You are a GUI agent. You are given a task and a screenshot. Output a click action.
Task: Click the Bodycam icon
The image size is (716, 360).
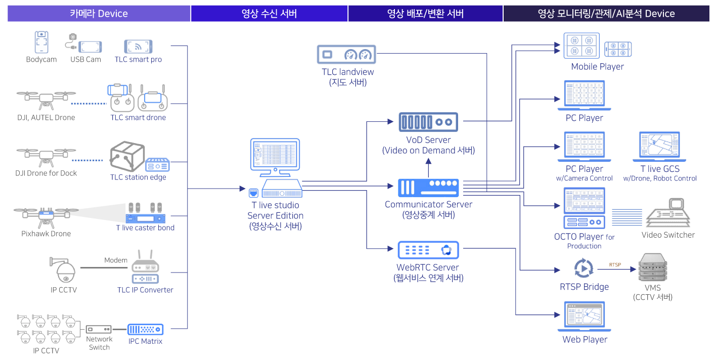[41, 42]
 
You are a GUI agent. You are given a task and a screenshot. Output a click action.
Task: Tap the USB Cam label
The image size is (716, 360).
[85, 59]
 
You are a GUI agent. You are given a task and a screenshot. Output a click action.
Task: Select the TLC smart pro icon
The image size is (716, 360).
[138, 47]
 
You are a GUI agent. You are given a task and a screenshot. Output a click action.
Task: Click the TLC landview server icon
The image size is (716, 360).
[346, 55]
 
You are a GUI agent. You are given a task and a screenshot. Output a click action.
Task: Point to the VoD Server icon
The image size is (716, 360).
[428, 122]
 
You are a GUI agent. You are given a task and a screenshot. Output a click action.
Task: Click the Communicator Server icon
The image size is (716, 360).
[428, 188]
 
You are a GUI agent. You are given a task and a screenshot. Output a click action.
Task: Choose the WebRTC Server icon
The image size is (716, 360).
[428, 250]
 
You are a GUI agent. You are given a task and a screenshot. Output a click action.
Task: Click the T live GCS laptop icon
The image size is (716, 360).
[659, 147]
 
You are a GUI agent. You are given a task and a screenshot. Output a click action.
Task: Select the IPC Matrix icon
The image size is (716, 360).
[145, 329]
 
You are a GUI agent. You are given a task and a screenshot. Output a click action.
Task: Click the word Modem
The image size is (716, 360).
[116, 260]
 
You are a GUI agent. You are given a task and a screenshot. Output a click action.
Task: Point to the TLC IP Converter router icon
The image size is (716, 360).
[145, 267]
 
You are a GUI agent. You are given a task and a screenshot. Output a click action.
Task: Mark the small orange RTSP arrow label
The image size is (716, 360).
[615, 264]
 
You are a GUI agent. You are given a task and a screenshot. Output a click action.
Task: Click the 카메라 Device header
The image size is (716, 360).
[99, 14]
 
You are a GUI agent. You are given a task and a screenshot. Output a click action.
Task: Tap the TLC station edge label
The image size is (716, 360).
[138, 177]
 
